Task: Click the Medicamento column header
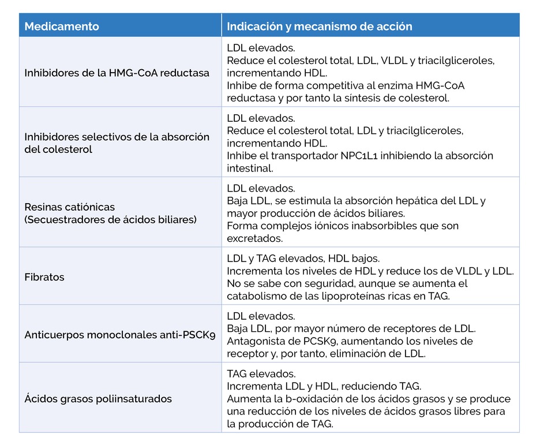tap(62, 27)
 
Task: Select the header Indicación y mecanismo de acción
tap(319, 27)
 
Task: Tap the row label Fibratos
tap(44, 277)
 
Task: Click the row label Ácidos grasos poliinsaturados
tap(98, 399)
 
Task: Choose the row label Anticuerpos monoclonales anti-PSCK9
tap(120, 335)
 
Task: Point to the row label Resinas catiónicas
tap(70, 207)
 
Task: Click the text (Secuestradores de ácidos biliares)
tap(111, 219)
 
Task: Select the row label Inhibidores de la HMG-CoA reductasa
tap(117, 73)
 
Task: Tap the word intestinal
tap(249, 169)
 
